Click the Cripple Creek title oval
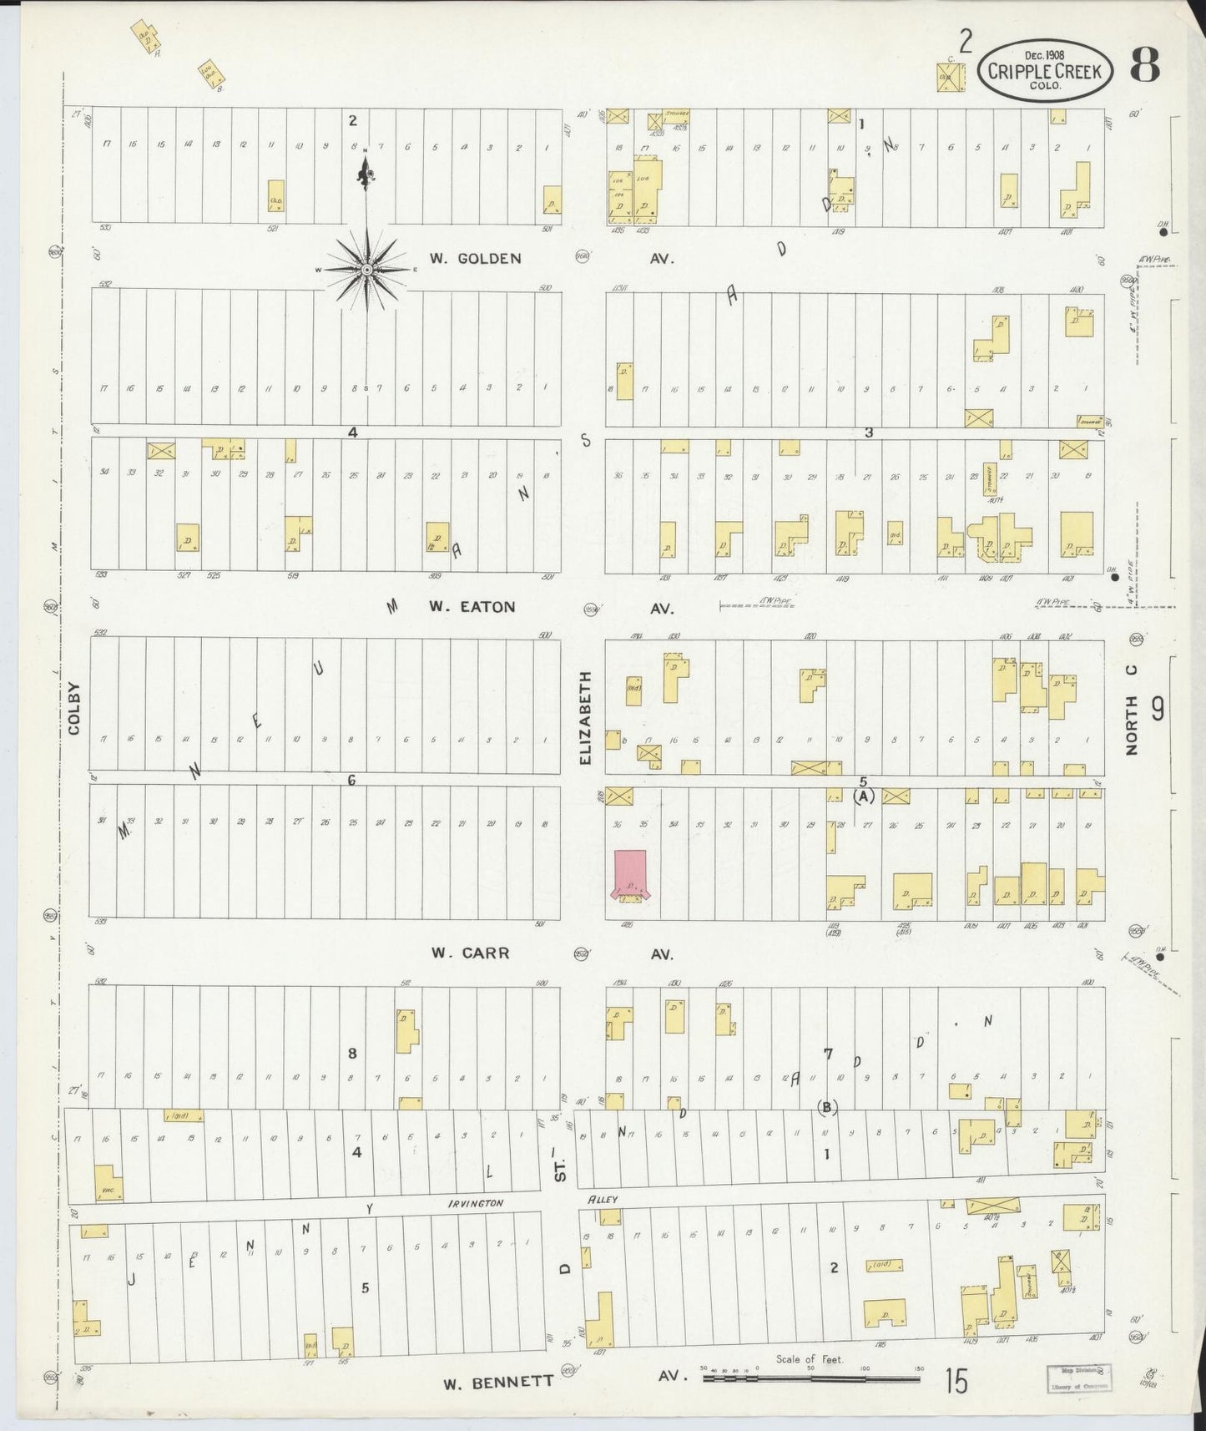1046,71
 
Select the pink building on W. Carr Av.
630,874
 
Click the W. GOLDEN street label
475,259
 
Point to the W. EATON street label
472,607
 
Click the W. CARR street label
470,953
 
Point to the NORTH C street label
1132,710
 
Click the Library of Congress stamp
1077,1377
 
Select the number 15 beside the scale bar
956,1382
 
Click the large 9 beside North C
1158,709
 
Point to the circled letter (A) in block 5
864,796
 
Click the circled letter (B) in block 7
828,1107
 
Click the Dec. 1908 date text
1047,55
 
